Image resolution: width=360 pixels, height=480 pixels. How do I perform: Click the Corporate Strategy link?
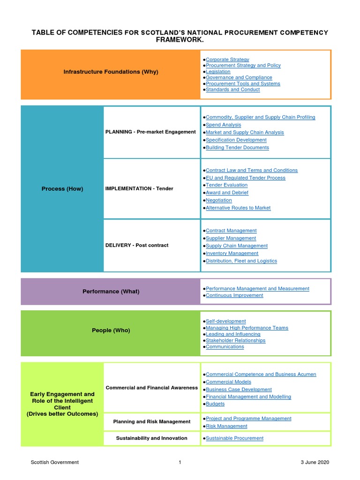point(227,60)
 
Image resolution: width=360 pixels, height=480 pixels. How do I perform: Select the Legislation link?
point(218,72)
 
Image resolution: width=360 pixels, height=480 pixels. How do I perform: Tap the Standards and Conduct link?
point(232,90)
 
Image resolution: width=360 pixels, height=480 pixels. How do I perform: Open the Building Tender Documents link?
point(237,147)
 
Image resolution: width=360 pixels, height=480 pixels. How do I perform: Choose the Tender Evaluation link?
point(227,185)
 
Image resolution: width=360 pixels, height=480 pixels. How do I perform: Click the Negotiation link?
point(218,200)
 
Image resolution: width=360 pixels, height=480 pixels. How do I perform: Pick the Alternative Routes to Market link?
point(238,208)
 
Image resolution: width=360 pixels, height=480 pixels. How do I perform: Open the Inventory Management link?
point(232,253)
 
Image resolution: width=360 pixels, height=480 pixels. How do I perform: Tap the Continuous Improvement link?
point(234,295)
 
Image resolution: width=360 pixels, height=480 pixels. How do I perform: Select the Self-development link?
point(225,322)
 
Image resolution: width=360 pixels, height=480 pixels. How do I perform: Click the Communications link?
point(225,347)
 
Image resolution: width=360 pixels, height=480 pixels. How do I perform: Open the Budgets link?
point(215,404)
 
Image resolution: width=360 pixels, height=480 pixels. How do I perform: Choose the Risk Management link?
point(226,426)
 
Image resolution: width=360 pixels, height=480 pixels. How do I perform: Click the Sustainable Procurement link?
point(234,438)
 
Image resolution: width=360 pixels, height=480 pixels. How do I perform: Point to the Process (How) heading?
point(62,189)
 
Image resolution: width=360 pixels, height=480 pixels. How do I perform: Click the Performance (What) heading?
point(111,292)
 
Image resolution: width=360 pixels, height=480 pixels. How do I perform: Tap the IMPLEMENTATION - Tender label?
point(139,188)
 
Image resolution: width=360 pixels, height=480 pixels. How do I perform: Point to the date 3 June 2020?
point(315,462)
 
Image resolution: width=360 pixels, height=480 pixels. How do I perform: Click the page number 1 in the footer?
point(180,462)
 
